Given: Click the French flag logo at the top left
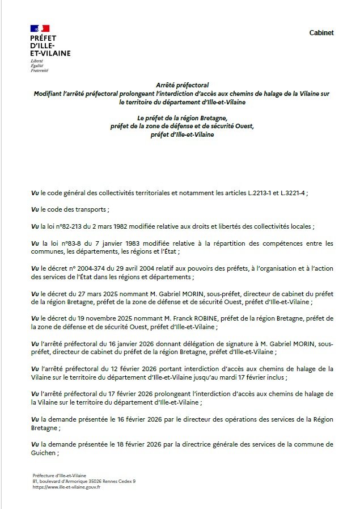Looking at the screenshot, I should click(x=40, y=28).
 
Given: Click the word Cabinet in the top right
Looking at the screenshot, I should click(x=321, y=33).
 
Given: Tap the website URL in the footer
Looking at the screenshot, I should click(x=66, y=487).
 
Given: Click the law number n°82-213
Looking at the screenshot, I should click(x=70, y=226).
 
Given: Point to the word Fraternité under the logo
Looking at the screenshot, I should click(x=39, y=70).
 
